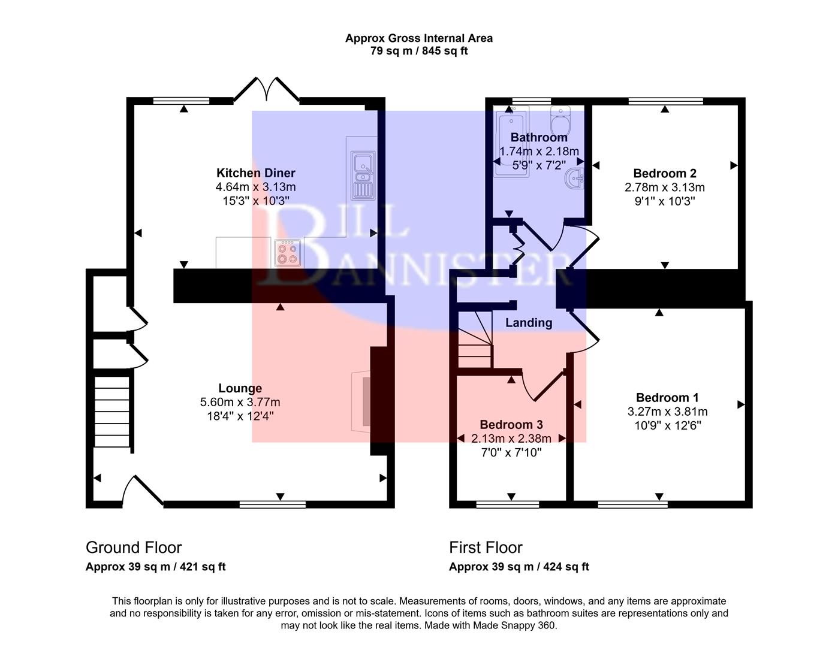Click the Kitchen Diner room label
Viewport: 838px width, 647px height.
256,173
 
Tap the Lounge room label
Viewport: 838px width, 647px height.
240,388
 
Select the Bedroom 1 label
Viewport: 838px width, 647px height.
667,398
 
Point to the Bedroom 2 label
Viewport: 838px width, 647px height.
665,174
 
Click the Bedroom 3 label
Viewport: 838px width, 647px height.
511,425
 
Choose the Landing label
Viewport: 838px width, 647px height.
529,323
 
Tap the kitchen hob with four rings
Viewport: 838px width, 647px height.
287,252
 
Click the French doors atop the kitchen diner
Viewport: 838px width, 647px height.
266,90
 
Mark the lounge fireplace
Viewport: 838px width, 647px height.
361,400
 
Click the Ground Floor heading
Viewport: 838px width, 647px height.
134,548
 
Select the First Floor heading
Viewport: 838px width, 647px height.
486,548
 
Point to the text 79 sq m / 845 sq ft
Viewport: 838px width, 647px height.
419,51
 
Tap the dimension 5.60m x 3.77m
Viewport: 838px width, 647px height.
240,402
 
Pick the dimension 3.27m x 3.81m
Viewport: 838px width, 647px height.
667,412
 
